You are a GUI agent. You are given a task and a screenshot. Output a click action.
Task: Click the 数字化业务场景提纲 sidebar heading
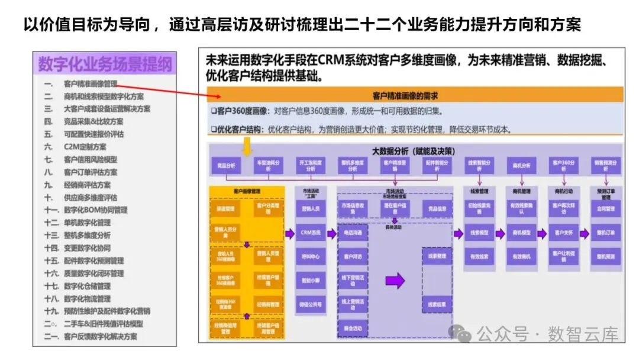point(105,63)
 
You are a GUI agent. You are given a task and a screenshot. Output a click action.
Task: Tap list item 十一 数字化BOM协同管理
point(95,210)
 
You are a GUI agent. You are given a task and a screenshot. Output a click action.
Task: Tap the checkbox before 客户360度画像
point(214,111)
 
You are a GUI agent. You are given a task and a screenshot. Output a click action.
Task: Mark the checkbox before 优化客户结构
point(214,129)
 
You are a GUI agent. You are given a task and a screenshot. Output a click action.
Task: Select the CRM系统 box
point(311,233)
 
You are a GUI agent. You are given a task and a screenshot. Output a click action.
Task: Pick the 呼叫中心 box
point(311,257)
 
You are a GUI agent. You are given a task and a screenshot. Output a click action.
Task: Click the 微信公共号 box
point(311,304)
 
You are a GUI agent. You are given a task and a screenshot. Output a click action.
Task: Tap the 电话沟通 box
point(353,233)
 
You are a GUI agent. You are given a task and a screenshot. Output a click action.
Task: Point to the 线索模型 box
point(479,233)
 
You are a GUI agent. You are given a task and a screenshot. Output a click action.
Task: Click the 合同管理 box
point(606,209)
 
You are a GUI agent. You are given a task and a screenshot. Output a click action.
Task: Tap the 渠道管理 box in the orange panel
point(225,209)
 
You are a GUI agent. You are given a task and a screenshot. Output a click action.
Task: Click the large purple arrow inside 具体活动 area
point(395,280)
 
